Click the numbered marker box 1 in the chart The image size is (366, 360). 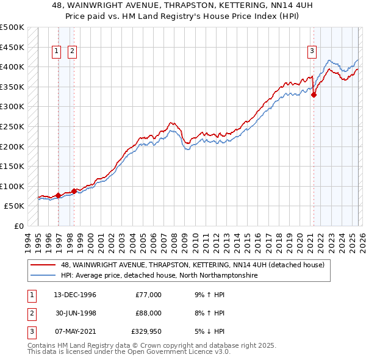click(x=57, y=52)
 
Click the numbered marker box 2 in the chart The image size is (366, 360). click(x=72, y=52)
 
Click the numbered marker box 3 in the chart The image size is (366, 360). click(x=312, y=52)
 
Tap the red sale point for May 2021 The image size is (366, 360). click(x=314, y=95)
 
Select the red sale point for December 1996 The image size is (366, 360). click(x=59, y=195)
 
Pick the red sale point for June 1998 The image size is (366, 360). click(x=74, y=191)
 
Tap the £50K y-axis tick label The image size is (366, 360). click(x=15, y=206)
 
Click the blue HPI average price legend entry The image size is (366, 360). click(x=159, y=276)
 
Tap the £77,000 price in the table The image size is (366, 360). click(x=148, y=295)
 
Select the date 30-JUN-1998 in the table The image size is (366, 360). click(x=75, y=314)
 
